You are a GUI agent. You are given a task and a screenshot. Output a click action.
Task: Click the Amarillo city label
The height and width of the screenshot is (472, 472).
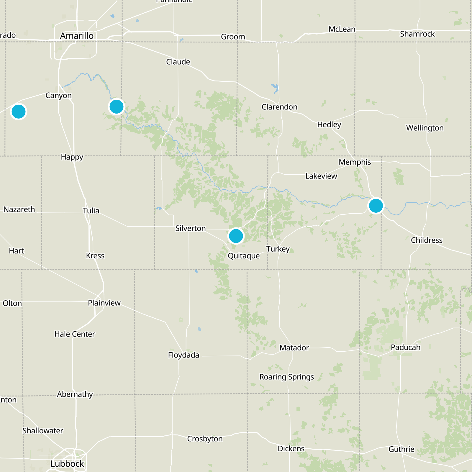tap(77, 36)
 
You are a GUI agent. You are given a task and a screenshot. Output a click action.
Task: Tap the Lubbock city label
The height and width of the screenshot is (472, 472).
tap(67, 464)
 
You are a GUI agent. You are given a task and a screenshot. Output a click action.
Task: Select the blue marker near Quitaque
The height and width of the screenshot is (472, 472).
tap(236, 236)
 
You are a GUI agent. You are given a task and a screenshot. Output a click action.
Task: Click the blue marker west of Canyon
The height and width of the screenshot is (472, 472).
tap(19, 112)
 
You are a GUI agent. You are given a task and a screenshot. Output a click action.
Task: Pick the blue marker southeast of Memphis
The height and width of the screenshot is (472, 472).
tap(376, 206)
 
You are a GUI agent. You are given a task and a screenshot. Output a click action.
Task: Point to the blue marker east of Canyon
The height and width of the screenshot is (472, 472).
tap(117, 106)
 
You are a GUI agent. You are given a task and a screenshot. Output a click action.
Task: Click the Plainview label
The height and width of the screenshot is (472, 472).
tap(104, 303)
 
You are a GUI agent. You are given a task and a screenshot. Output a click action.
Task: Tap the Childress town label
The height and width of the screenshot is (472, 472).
tap(427, 240)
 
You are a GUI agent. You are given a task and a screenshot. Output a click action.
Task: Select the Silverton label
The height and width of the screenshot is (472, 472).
tap(190, 228)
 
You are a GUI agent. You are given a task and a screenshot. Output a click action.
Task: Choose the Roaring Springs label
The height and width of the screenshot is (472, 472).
tap(286, 377)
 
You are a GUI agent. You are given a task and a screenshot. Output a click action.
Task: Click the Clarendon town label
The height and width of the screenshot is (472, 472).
tap(279, 107)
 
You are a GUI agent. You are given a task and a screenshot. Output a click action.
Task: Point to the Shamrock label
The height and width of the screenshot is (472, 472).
tap(417, 34)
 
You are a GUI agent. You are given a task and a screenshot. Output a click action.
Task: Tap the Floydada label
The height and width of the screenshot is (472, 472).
tap(183, 355)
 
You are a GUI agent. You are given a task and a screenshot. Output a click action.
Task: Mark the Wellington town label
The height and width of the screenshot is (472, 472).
tap(425, 128)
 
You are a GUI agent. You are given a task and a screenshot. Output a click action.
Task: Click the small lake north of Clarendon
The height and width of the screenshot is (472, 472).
tap(275, 88)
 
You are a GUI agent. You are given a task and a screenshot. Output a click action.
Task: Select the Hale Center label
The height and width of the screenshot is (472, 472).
tap(75, 334)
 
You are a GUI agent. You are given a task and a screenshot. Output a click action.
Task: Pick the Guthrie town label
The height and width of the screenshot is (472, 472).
tap(401, 449)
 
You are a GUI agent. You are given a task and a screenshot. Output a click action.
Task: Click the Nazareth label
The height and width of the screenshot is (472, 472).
tap(19, 209)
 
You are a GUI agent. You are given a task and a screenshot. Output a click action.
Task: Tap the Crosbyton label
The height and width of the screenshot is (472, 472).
tap(205, 439)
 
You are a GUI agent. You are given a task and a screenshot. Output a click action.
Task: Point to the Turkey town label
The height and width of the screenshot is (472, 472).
tap(278, 249)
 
